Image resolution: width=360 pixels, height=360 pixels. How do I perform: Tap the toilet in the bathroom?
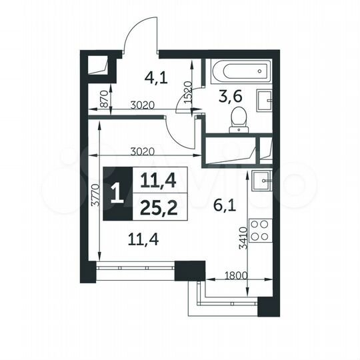tap(237, 121)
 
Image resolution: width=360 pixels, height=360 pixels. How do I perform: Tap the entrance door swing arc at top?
tap(139, 33)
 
